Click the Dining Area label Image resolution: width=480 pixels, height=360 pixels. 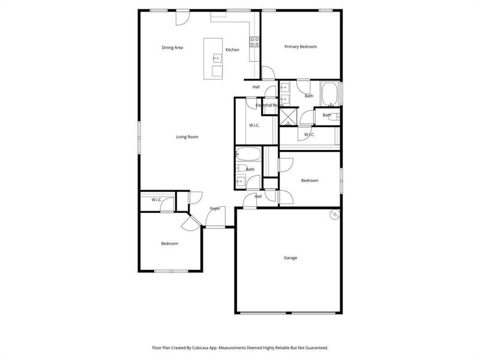coord(172,47)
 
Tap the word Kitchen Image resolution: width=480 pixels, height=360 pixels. coord(232,50)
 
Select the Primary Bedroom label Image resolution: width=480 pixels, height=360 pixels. coord(300,47)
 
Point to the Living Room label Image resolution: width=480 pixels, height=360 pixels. coord(187,137)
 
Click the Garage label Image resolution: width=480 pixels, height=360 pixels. coord(290,258)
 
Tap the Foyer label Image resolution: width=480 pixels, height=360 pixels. coord(215,209)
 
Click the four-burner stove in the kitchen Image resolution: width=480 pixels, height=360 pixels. coord(254,42)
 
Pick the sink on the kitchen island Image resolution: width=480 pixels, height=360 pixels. coord(217,58)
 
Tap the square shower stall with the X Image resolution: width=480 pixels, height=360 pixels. coord(289,115)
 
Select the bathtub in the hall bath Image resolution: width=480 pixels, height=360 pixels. coord(248,154)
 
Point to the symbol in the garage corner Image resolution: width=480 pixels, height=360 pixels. coord(334,215)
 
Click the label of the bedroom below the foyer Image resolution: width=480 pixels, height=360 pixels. coord(169,244)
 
